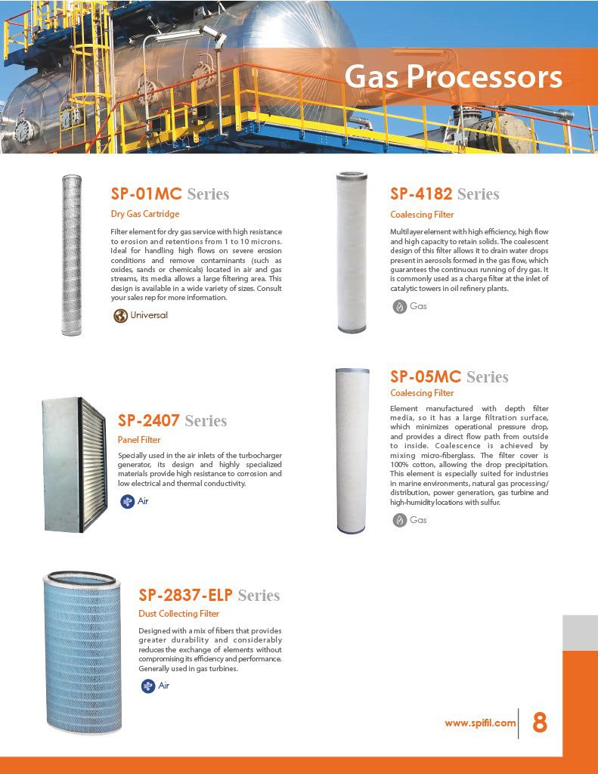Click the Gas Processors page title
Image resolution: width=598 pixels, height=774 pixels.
pyautogui.click(x=454, y=76)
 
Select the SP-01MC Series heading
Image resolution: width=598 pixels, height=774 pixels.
pyautogui.click(x=169, y=194)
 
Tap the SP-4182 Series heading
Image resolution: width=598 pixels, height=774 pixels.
pyautogui.click(x=445, y=194)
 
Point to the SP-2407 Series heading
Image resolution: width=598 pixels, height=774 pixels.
pyautogui.click(x=172, y=420)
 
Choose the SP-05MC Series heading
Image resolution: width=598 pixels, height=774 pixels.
pyautogui.click(x=449, y=376)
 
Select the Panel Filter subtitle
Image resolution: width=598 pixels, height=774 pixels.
pyautogui.click(x=139, y=439)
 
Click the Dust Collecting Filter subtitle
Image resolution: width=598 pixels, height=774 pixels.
pyautogui.click(x=178, y=613)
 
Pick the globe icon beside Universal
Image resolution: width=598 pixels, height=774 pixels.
pyautogui.click(x=120, y=315)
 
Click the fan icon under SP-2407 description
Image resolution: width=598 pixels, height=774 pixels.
pyautogui.click(x=127, y=500)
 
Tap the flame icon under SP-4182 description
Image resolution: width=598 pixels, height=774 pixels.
pyautogui.click(x=399, y=306)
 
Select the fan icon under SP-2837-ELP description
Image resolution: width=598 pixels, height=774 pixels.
pyautogui.click(x=148, y=686)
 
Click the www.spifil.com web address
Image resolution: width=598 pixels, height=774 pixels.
pyautogui.click(x=480, y=723)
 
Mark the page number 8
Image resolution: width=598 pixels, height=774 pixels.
pyautogui.click(x=539, y=723)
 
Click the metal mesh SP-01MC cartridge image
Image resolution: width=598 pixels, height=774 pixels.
pyautogui.click(x=71, y=255)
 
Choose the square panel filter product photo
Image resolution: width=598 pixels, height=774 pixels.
pyautogui.click(x=74, y=464)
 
